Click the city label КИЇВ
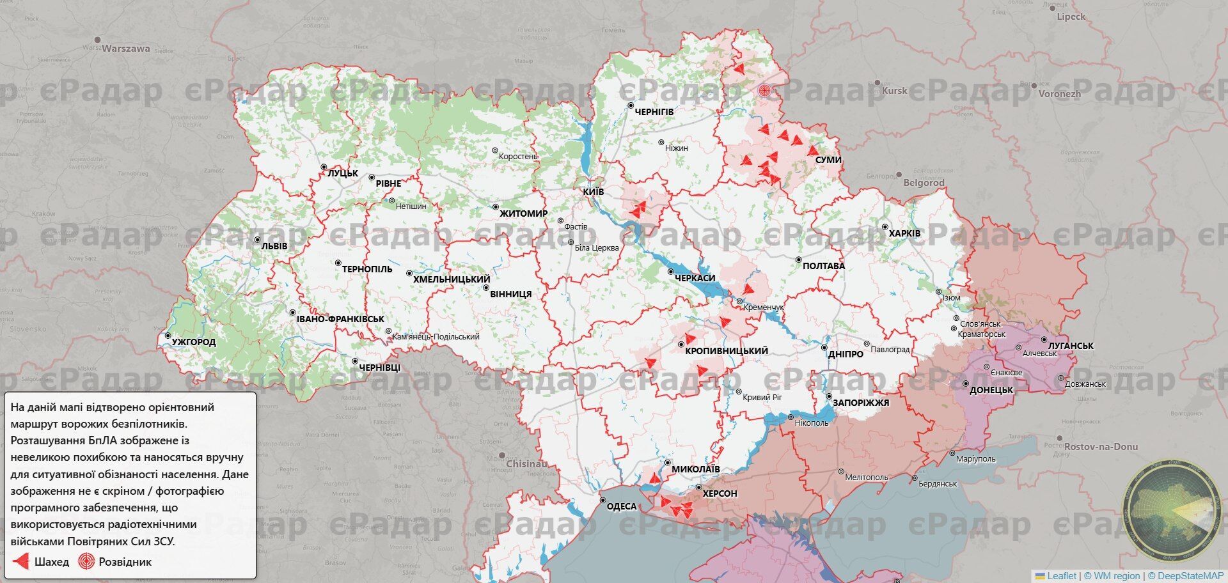click(x=593, y=192)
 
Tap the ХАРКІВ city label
click(x=904, y=233)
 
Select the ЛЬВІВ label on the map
click(x=274, y=246)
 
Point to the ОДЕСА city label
click(x=621, y=506)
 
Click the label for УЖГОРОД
click(x=193, y=342)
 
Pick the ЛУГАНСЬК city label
click(x=1071, y=346)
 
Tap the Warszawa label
click(x=126, y=48)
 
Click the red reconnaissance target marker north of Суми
click(x=764, y=91)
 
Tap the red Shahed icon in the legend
click(x=22, y=562)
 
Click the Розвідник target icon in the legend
click(x=86, y=562)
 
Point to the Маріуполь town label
click(x=976, y=459)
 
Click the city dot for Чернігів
click(x=631, y=105)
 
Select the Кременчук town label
click(x=763, y=307)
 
